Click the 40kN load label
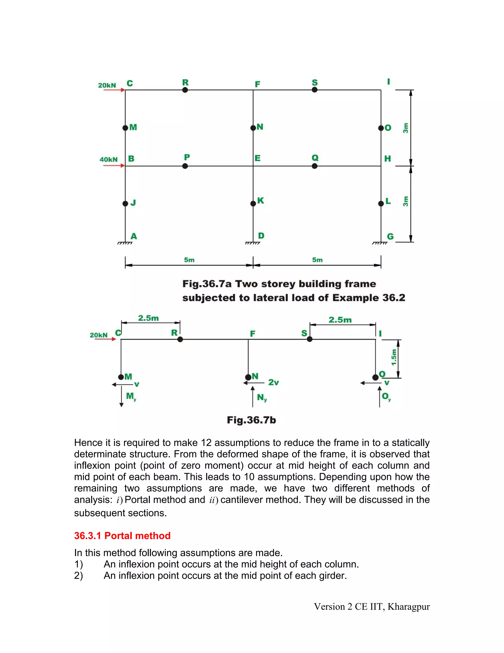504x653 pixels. point(108,159)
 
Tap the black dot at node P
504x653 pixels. point(185,166)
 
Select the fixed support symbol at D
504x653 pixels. point(252,243)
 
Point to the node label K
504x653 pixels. point(260,201)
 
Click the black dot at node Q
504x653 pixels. point(315,166)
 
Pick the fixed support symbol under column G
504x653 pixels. point(379,243)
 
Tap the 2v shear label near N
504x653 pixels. point(273,382)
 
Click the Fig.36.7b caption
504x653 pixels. point(252,420)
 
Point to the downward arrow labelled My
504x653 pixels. point(122,396)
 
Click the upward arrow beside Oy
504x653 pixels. point(379,396)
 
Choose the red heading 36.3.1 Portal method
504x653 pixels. point(122,535)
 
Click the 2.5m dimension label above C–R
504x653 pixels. point(148,318)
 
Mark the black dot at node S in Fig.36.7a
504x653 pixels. point(315,90)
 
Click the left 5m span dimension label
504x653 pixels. point(189,260)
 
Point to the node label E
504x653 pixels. point(257,158)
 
